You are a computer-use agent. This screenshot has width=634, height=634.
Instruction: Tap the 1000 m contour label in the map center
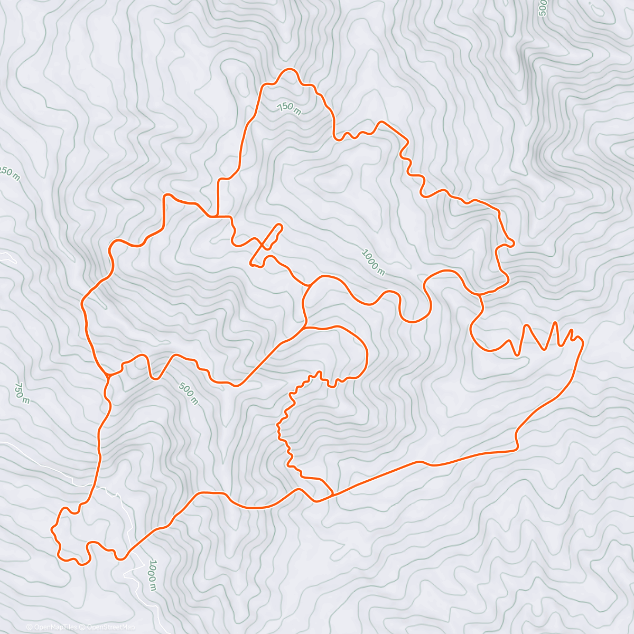(x=373, y=262)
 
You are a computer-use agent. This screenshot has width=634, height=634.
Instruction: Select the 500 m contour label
(x=188, y=394)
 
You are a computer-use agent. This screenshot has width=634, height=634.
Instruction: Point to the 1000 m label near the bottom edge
(x=152, y=575)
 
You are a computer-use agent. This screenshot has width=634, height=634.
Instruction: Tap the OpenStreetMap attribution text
(x=110, y=627)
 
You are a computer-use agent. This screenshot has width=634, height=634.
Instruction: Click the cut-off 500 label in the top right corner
(x=542, y=8)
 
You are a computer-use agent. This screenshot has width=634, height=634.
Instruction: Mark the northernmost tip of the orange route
(x=289, y=69)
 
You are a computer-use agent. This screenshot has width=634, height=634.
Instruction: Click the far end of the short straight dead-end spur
(x=279, y=226)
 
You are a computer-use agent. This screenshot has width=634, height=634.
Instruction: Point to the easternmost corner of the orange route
(x=583, y=343)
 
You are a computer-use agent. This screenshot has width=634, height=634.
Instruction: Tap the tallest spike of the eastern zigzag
(x=555, y=322)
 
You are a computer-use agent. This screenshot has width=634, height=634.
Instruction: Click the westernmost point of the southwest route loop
(x=52, y=528)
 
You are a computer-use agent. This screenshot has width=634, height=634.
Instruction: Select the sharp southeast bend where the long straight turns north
(x=517, y=449)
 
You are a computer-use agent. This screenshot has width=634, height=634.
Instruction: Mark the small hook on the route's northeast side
(x=511, y=243)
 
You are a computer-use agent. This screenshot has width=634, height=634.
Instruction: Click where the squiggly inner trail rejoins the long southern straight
(x=332, y=495)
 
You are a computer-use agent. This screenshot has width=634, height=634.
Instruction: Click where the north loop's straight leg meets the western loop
(x=216, y=216)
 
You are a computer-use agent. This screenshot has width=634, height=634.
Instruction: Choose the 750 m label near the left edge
(x=22, y=393)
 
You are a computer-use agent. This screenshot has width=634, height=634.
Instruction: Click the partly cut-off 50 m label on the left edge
(x=10, y=174)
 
